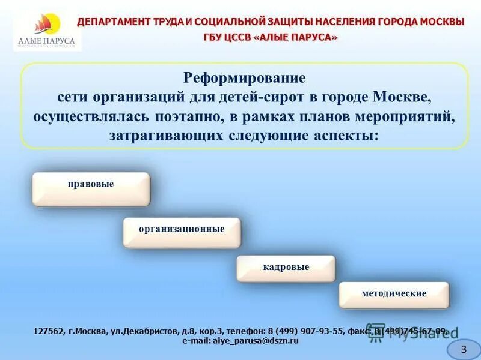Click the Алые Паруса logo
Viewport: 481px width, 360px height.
pos(46,31)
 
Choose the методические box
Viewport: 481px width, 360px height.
pos(394,294)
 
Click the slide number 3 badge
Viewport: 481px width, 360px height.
pos(463,349)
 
